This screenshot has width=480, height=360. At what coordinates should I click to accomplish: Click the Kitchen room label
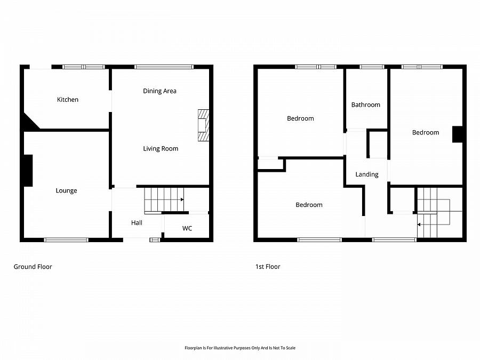click(68, 100)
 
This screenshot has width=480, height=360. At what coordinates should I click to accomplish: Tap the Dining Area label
click(159, 91)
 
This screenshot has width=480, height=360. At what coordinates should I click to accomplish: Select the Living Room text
click(161, 149)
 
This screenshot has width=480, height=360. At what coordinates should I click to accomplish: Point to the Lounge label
click(67, 191)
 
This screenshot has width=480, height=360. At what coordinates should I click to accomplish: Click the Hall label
click(137, 223)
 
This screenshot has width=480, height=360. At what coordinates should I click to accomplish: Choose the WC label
click(187, 229)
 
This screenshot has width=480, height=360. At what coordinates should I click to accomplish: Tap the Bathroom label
click(366, 105)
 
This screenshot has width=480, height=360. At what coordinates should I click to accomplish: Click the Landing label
click(367, 174)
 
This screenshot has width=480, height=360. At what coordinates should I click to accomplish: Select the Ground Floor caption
click(33, 267)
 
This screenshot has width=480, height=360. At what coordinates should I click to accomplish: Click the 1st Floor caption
click(268, 267)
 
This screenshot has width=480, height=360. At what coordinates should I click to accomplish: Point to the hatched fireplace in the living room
click(204, 126)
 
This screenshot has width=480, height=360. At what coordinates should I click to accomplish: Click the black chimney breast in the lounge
click(27, 171)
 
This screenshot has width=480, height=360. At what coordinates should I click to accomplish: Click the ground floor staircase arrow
click(182, 199)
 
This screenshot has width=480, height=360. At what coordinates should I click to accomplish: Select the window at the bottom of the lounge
click(66, 239)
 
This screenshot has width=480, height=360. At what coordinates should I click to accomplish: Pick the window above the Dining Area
click(164, 67)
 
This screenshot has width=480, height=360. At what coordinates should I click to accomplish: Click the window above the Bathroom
click(372, 67)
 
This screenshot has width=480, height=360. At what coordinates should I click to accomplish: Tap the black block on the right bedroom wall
click(457, 134)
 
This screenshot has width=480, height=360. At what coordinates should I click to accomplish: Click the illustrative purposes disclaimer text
click(239, 348)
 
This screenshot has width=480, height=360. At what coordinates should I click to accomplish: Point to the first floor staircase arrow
click(420, 225)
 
